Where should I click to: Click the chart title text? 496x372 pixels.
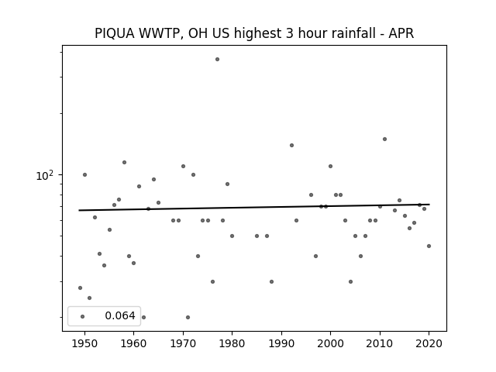point(254,33)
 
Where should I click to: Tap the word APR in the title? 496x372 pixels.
point(401,33)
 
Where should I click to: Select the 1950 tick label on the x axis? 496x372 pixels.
point(84,343)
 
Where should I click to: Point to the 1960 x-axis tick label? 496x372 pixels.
point(133,343)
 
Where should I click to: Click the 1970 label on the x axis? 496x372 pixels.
point(183,343)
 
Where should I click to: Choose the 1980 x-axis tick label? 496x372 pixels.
point(232,343)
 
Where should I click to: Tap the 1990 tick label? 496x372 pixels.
point(281,343)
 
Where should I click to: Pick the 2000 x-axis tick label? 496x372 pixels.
point(331,343)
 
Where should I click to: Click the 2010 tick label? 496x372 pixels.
point(380,343)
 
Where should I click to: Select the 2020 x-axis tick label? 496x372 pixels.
point(429,343)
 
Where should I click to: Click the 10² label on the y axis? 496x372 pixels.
point(44,175)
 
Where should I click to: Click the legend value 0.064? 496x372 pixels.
point(120,315)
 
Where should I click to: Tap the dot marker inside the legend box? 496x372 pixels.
point(83,316)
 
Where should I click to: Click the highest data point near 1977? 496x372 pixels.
point(217,59)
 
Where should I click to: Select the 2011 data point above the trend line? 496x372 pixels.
point(384,139)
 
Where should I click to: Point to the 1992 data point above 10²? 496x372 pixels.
point(291,145)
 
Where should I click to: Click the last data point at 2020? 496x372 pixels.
point(429,246)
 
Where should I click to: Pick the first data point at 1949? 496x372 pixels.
point(80,288)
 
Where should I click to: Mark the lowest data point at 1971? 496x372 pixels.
point(188,317)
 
